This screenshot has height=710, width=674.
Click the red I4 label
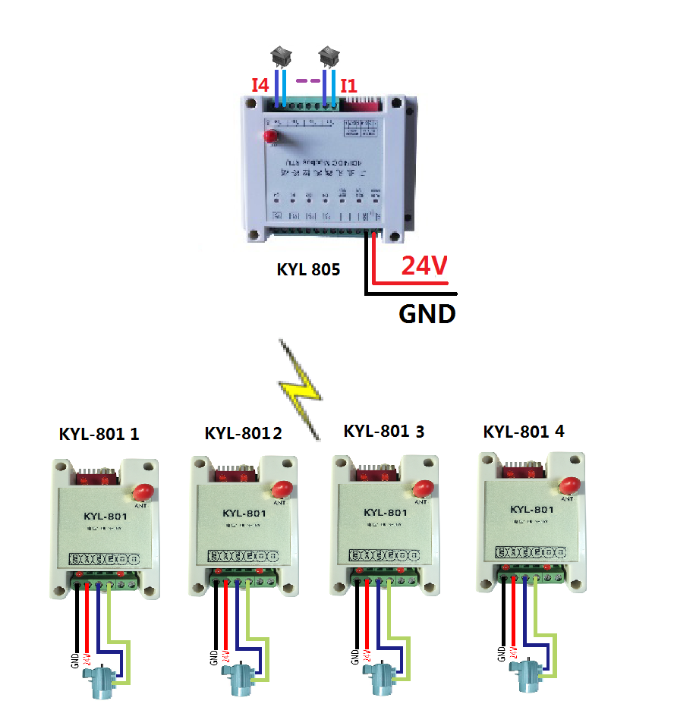(x=260, y=85)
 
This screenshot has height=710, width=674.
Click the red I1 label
(x=348, y=85)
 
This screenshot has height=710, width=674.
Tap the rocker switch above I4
(x=281, y=55)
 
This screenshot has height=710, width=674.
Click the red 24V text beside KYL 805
(x=424, y=266)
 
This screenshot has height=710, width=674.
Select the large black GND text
(x=427, y=313)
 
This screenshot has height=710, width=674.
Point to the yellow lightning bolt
(x=301, y=387)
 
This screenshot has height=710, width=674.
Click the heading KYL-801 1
(x=99, y=435)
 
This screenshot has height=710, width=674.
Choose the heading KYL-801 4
(x=524, y=432)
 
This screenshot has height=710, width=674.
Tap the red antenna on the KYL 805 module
(x=271, y=137)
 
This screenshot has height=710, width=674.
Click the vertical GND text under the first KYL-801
(x=74, y=659)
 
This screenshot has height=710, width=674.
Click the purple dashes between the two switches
(x=306, y=80)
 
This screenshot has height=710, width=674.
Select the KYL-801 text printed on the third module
(x=385, y=513)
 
